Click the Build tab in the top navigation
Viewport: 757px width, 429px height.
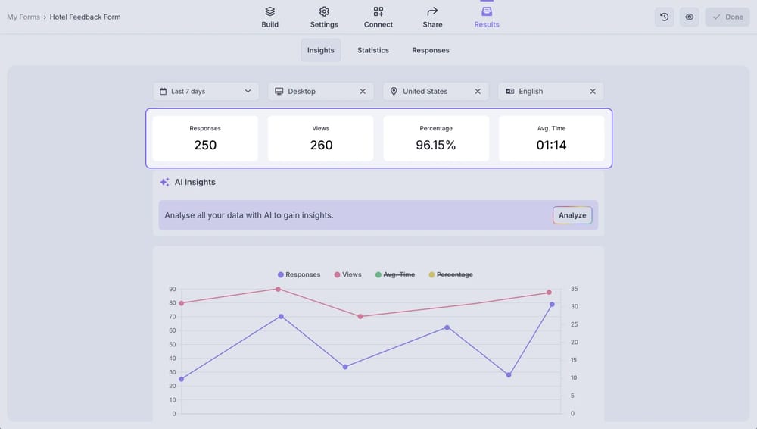tap(270, 17)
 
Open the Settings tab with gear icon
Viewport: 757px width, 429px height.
tap(324, 17)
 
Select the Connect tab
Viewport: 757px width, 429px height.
tap(378, 17)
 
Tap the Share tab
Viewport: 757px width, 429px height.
tap(432, 17)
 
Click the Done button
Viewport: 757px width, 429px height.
tap(727, 17)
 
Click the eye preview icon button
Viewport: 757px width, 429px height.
tap(689, 17)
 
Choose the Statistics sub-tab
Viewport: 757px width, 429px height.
tap(373, 50)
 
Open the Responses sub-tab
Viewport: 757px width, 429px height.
tap(431, 50)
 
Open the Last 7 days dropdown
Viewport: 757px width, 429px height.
tap(206, 91)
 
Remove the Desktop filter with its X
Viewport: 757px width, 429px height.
tap(363, 91)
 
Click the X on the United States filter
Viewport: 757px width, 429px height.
tap(478, 91)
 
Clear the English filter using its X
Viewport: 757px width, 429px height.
tap(593, 91)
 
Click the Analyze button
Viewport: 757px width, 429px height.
tap(572, 215)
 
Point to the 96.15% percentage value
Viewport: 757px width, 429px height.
tap(436, 145)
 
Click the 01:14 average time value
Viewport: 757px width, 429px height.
tap(551, 145)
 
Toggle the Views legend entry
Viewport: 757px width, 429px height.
tap(347, 274)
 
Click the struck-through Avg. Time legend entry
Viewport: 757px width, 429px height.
tap(395, 274)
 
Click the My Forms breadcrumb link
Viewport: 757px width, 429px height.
tap(23, 17)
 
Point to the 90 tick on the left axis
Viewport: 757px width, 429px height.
tap(172, 289)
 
